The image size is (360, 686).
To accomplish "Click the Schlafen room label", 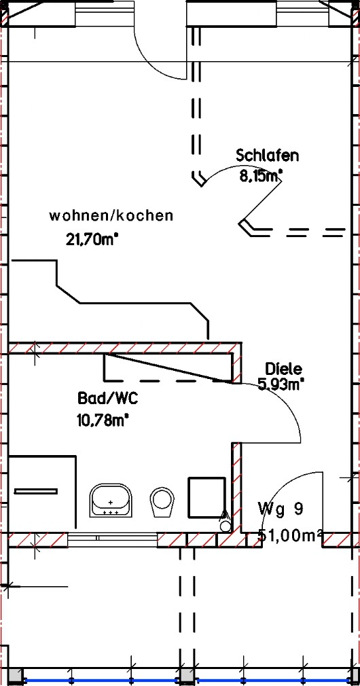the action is tap(267, 156).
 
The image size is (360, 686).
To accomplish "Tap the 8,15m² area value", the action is tap(261, 176).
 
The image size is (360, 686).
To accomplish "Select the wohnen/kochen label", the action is tap(111, 216).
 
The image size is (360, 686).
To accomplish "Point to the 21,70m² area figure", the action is tap(92, 239).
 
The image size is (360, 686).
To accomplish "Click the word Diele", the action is tap(283, 369).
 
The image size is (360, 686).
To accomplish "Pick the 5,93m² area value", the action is tap(281, 384).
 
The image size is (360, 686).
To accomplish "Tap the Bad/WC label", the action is tap(108, 398).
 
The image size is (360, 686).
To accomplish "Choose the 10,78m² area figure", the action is tap(103, 420).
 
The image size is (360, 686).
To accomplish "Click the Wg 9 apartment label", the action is tap(281, 509).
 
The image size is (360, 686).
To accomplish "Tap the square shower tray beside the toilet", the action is tap(207, 497).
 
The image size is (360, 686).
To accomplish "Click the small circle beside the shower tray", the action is tap(226, 526).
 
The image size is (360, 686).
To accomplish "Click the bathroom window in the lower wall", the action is tap(113, 538).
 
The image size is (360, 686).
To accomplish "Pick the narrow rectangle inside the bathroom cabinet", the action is tap(36, 491).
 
